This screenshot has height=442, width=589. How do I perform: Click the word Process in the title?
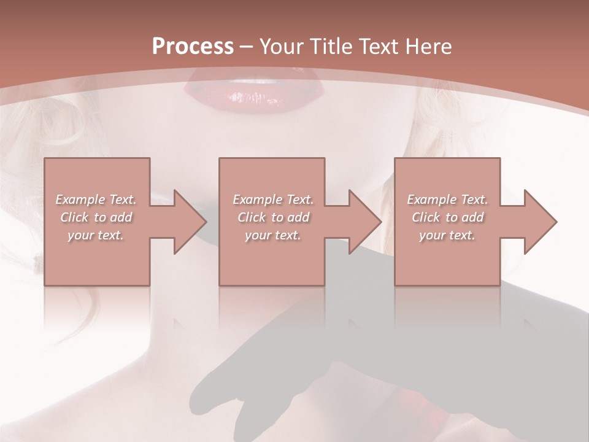pyautogui.click(x=193, y=47)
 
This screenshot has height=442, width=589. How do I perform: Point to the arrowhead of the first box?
pyautogui.click(x=190, y=222)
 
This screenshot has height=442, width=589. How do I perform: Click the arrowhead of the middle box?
pyautogui.click(x=364, y=222)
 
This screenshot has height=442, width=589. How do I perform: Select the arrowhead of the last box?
pyautogui.click(x=540, y=222)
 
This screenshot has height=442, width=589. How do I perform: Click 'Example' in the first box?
pyautogui.click(x=80, y=200)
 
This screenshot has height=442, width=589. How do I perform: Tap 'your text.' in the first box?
pyautogui.click(x=96, y=235)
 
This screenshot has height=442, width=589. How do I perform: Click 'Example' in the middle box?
pyautogui.click(x=257, y=200)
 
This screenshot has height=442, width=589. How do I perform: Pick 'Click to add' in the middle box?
pyautogui.click(x=273, y=217)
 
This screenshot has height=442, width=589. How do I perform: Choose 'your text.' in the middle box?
pyautogui.click(x=273, y=235)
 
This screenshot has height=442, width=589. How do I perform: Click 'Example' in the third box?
pyautogui.click(x=431, y=200)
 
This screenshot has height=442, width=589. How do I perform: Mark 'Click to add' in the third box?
pyautogui.click(x=447, y=217)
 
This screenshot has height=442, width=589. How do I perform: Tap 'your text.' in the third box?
pyautogui.click(x=447, y=235)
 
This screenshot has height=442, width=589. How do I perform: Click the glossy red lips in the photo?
pyautogui.click(x=253, y=92)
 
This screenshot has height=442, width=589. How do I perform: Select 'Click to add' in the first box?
pyautogui.click(x=96, y=217)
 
